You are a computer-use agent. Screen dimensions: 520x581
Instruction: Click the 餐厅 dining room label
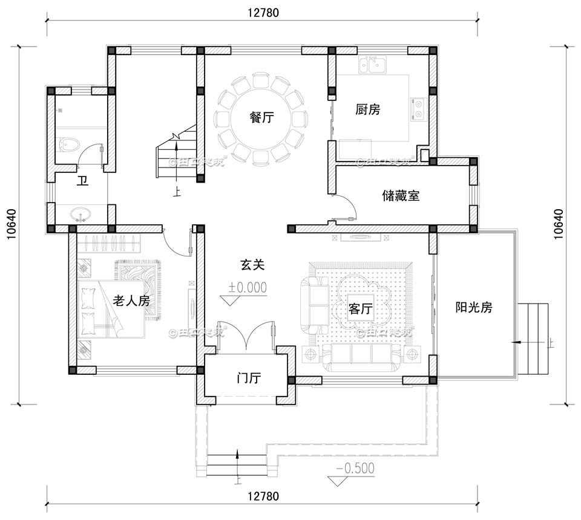pos(261,118)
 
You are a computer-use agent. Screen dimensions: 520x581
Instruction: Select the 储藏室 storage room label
pos(401,196)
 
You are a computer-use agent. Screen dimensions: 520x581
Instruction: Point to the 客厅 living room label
pos(360,309)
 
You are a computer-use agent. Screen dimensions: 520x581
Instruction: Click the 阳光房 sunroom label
pos(474,307)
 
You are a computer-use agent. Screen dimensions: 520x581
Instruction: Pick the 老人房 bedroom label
pos(131,301)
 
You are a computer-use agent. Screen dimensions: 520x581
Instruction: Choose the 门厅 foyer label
pos(248,379)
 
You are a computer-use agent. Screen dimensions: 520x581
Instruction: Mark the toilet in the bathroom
pos(69,145)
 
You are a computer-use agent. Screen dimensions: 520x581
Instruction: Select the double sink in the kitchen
pos(372,63)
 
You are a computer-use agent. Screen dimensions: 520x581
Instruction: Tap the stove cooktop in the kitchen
pos(418,108)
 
